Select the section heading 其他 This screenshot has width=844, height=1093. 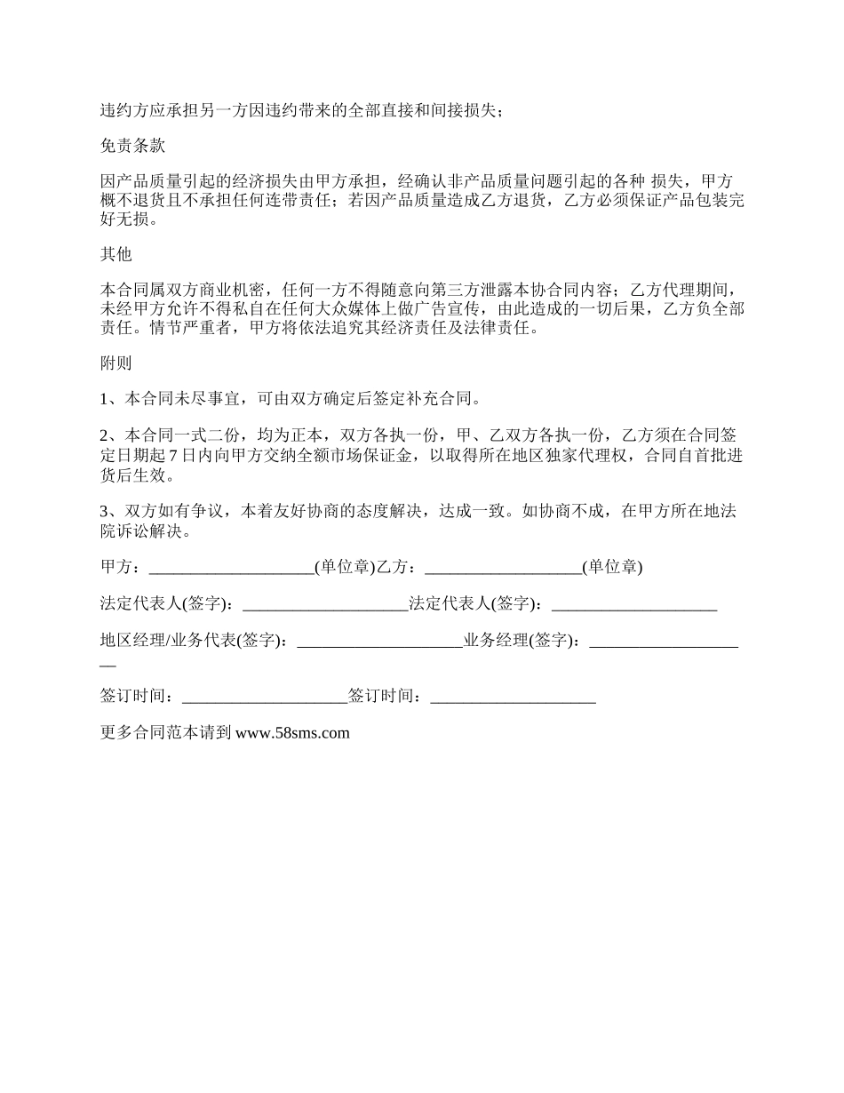pos(116,254)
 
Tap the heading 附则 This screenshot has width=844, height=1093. pos(116,363)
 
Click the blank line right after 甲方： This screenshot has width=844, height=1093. pos(232,568)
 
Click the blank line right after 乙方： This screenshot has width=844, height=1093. pos(503,568)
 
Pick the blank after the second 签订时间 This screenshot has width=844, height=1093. pos(513,696)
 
